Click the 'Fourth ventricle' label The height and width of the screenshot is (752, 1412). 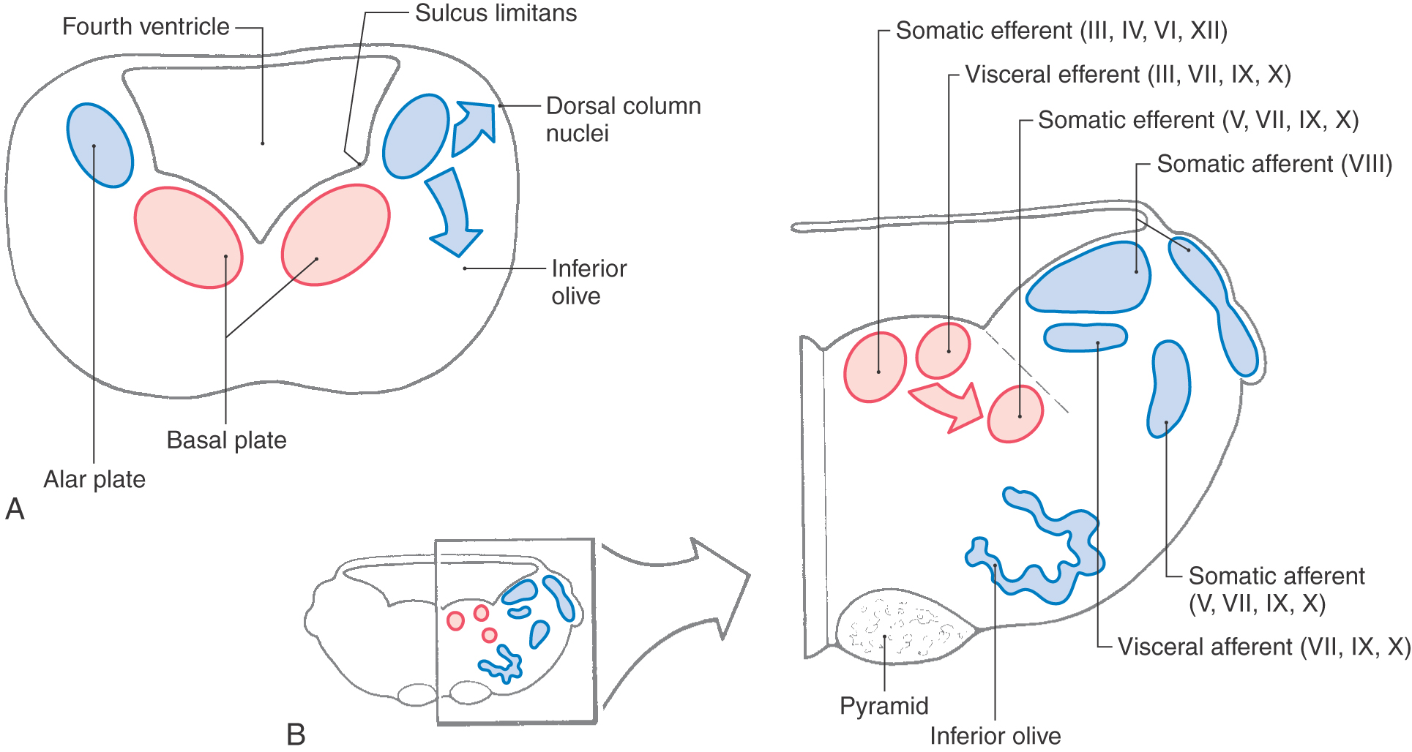point(146,27)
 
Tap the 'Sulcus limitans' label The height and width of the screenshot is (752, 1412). point(496,13)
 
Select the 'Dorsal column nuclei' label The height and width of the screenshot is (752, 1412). point(623,119)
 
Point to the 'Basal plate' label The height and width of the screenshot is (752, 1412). point(226,440)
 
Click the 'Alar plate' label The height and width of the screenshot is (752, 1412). point(94,480)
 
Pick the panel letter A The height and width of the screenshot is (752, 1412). point(15,509)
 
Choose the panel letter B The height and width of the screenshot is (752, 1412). point(296,734)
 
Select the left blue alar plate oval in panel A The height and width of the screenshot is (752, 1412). point(100,145)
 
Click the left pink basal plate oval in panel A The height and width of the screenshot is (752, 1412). point(188,238)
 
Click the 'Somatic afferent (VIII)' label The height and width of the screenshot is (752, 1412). point(1274,164)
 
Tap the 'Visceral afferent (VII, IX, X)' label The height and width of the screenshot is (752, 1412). point(1264,647)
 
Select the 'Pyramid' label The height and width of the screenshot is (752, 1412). point(884,706)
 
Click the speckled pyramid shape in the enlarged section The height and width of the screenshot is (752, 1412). point(905,626)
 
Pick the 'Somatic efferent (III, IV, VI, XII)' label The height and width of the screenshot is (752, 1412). point(1061,31)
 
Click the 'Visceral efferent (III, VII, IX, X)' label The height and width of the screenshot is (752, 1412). point(1128,75)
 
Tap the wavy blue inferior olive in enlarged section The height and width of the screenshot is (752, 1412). point(1036,546)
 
